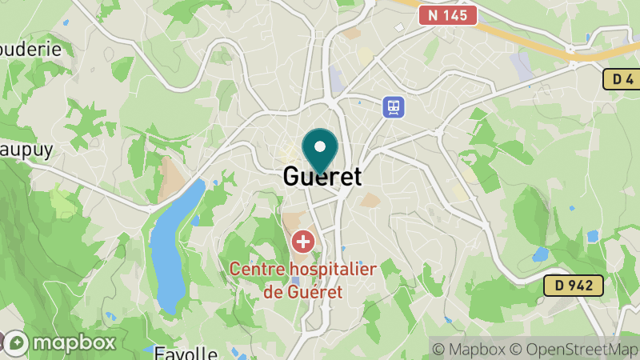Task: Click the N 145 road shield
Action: [x=448, y=14]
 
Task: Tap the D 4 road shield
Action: [x=620, y=79]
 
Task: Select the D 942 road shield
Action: [x=573, y=285]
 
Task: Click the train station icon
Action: [x=393, y=106]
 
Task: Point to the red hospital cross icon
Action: [x=303, y=240]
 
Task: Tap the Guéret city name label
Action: [x=322, y=176]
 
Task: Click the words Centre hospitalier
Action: [x=303, y=270]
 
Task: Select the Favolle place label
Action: [x=186, y=353]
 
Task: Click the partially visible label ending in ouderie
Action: [x=30, y=48]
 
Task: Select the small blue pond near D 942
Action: [x=540, y=254]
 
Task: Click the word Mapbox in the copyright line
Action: [x=477, y=349]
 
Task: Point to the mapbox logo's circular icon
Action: [x=18, y=343]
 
